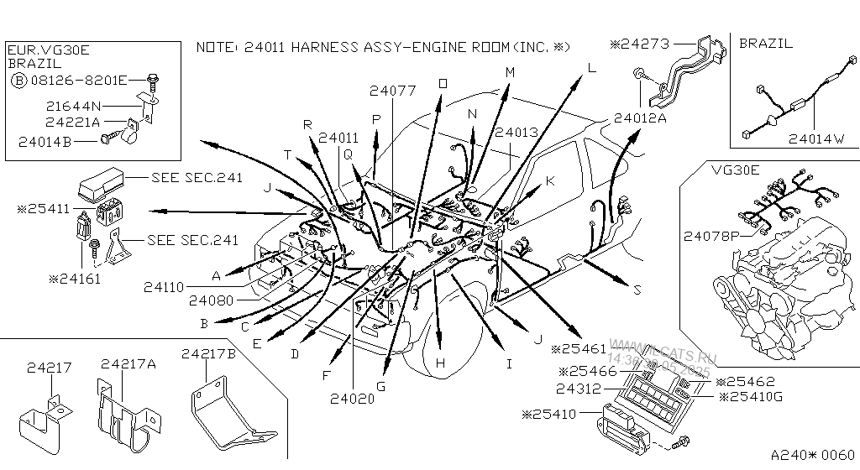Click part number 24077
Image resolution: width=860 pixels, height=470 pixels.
click(x=392, y=91)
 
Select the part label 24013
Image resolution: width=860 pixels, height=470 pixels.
click(x=516, y=133)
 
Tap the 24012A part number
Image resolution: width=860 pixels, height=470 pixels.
click(x=639, y=118)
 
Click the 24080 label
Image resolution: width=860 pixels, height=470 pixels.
click(x=210, y=299)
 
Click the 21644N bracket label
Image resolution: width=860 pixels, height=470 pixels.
click(x=72, y=106)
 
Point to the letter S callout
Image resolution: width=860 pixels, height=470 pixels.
click(x=637, y=290)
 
